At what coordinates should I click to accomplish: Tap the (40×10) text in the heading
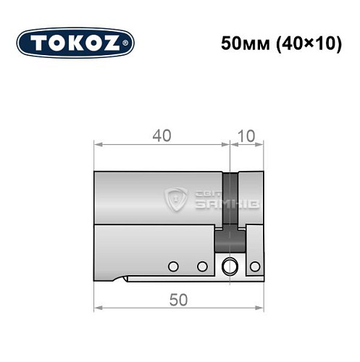pyautogui.click(x=304, y=43)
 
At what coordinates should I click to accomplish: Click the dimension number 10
pyautogui.click(x=247, y=135)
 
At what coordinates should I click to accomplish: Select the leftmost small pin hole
pyautogui.click(x=172, y=266)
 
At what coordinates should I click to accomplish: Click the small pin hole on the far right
pyautogui.click(x=254, y=266)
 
